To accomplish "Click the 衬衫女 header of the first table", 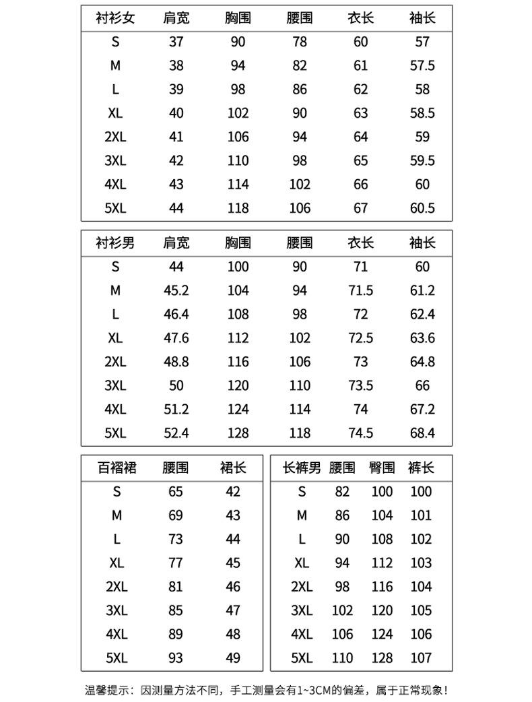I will click(x=115, y=18).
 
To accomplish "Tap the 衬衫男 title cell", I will click(x=115, y=243).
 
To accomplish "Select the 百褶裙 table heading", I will click(x=117, y=468).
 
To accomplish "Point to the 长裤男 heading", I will click(x=302, y=468).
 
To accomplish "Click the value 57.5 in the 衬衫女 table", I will click(x=422, y=65).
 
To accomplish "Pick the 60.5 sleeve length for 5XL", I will click(x=422, y=208).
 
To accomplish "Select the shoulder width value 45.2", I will click(x=176, y=290).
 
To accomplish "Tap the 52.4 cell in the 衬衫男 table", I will click(x=176, y=433).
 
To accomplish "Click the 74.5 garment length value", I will click(x=360, y=433).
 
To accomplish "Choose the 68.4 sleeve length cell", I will click(x=422, y=433).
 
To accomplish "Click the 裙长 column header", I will click(x=233, y=468).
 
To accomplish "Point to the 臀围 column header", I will click(x=382, y=468).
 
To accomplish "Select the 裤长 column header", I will click(x=421, y=468).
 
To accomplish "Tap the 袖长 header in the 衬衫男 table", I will click(x=422, y=243).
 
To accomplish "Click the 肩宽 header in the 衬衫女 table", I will click(x=176, y=18).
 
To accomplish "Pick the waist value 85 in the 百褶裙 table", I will click(x=176, y=610).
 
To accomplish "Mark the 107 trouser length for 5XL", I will click(x=421, y=658).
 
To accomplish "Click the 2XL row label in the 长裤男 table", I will click(x=302, y=587).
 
